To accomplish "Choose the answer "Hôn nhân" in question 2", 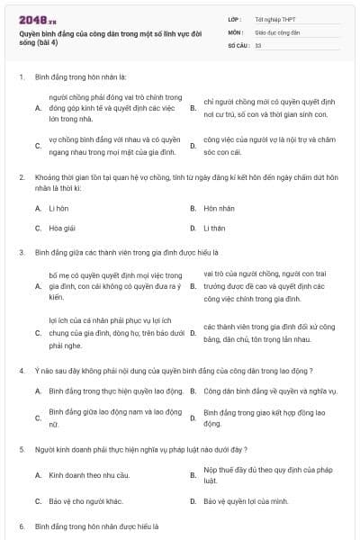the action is coord(219,208).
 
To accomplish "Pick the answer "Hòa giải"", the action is coord(63,228).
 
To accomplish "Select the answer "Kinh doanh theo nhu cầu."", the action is coord(85,474).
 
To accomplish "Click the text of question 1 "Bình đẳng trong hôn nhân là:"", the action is coord(82,77).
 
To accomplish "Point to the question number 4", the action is coord(22,371).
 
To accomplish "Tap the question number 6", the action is coord(22,526).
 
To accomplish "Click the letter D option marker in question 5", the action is coord(193,500).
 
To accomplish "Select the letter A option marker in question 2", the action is coord(38,208).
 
